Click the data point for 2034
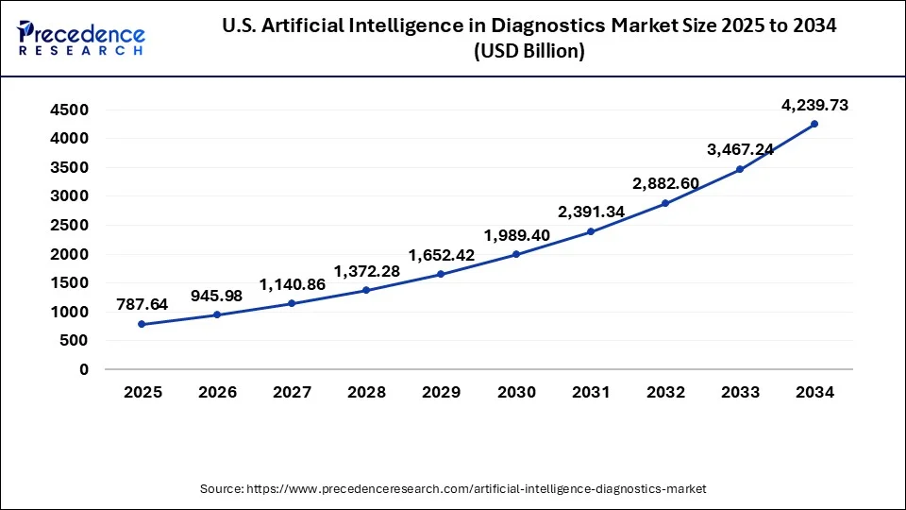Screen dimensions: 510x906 point(814,124)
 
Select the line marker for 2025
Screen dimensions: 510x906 point(143,324)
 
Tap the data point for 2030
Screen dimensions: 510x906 point(516,254)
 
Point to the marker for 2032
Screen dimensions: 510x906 point(665,203)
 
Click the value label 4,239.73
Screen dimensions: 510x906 point(814,106)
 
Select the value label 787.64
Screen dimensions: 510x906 point(143,304)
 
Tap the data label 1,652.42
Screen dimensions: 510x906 point(442,254)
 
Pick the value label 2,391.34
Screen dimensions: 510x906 point(591,212)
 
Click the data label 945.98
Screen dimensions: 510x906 point(217,296)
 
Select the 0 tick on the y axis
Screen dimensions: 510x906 point(84,369)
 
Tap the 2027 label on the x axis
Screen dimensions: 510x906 point(292,392)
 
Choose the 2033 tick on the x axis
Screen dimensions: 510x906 point(740,392)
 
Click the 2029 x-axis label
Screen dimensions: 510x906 point(442,392)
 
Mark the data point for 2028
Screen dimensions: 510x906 point(366,290)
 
